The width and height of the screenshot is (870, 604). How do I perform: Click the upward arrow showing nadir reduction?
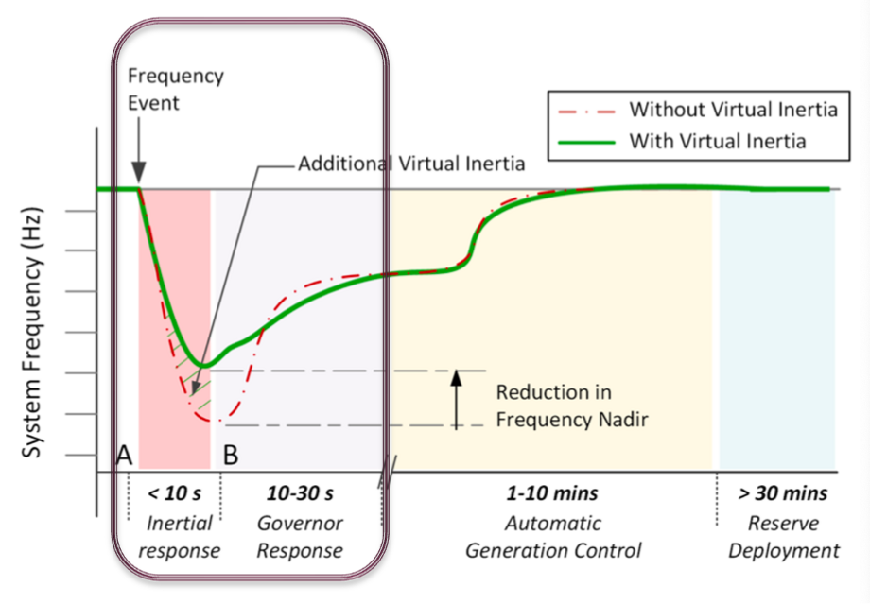click(x=455, y=397)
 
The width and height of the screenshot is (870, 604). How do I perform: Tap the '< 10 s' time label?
click(x=173, y=493)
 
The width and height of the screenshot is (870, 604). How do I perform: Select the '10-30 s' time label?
click(x=300, y=493)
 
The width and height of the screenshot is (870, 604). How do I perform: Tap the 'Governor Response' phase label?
click(x=300, y=536)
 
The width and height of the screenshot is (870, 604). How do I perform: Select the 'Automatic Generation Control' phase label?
click(x=553, y=536)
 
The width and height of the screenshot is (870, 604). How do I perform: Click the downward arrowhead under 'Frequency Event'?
click(x=138, y=176)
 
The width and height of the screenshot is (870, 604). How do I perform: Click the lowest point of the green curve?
click(x=201, y=364)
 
